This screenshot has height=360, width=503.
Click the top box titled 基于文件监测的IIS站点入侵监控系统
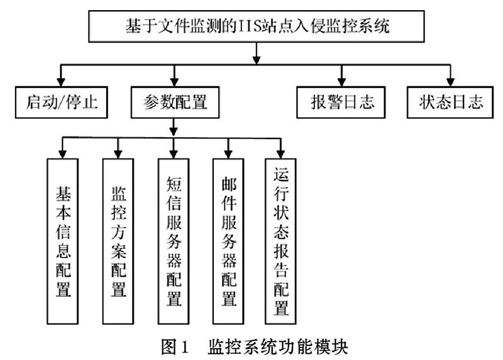257,26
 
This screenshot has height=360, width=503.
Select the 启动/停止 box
61,102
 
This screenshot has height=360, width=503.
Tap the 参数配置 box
175,102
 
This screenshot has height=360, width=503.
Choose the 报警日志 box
341,102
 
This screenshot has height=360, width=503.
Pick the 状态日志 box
450,102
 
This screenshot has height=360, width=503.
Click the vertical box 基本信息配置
62,241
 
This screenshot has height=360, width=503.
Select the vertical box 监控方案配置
118,241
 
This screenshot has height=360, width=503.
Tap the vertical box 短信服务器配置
174,241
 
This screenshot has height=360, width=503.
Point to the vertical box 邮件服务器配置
228,241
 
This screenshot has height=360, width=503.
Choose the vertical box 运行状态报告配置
280,241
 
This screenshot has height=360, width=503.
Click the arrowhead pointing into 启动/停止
61,82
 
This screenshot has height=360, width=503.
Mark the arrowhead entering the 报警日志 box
341,82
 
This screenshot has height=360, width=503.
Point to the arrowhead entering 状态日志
450,82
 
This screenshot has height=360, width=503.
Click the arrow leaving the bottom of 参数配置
174,128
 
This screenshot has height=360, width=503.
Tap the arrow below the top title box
257,53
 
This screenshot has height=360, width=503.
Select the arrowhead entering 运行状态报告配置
280,154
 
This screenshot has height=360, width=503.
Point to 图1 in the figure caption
175,347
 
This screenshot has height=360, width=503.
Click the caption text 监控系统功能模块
278,347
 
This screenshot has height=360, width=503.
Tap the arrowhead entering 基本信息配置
62,154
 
